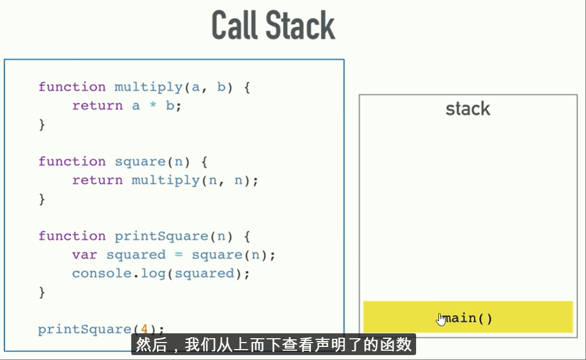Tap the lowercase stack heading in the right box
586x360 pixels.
[468, 109]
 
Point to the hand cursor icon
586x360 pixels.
[441, 319]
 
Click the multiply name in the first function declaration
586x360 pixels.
[148, 87]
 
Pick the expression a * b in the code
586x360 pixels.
[152, 106]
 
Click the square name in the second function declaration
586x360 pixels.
[139, 162]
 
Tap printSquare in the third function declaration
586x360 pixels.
[161, 236]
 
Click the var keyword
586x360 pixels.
[84, 255]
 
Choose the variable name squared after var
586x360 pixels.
[136, 255]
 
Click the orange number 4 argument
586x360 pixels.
[144, 329]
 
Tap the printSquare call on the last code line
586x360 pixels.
[84, 330]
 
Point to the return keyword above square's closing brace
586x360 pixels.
[97, 180]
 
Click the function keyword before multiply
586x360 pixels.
[72, 87]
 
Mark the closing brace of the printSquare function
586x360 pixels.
[42, 292]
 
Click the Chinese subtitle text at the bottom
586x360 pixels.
[273, 345]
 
